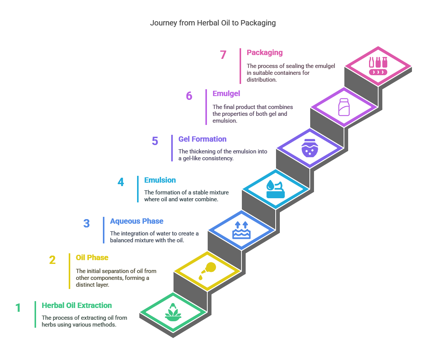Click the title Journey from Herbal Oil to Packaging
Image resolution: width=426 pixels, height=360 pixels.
(213, 23)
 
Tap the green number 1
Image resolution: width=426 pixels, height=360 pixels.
(18, 308)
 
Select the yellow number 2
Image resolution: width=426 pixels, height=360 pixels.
(52, 260)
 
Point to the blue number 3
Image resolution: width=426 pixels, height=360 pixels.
(87, 223)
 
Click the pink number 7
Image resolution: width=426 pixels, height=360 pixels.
(223, 55)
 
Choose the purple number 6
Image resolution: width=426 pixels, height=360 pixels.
(189, 96)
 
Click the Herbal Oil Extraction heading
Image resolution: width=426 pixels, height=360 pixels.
(77, 305)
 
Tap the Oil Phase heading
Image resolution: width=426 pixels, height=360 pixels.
(92, 257)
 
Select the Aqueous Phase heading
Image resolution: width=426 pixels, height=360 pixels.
(137, 221)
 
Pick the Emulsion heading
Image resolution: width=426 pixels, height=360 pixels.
(160, 180)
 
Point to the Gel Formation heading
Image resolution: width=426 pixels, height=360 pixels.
(202, 139)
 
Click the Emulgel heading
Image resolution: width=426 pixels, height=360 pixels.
(226, 93)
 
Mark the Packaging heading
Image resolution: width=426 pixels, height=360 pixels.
(265, 52)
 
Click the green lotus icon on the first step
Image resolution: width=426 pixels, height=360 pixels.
(173, 313)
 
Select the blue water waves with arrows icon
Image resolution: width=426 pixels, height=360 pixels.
(241, 230)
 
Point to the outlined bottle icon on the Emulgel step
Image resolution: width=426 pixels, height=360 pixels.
(344, 107)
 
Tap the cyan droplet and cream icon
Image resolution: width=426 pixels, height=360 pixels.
(276, 189)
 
